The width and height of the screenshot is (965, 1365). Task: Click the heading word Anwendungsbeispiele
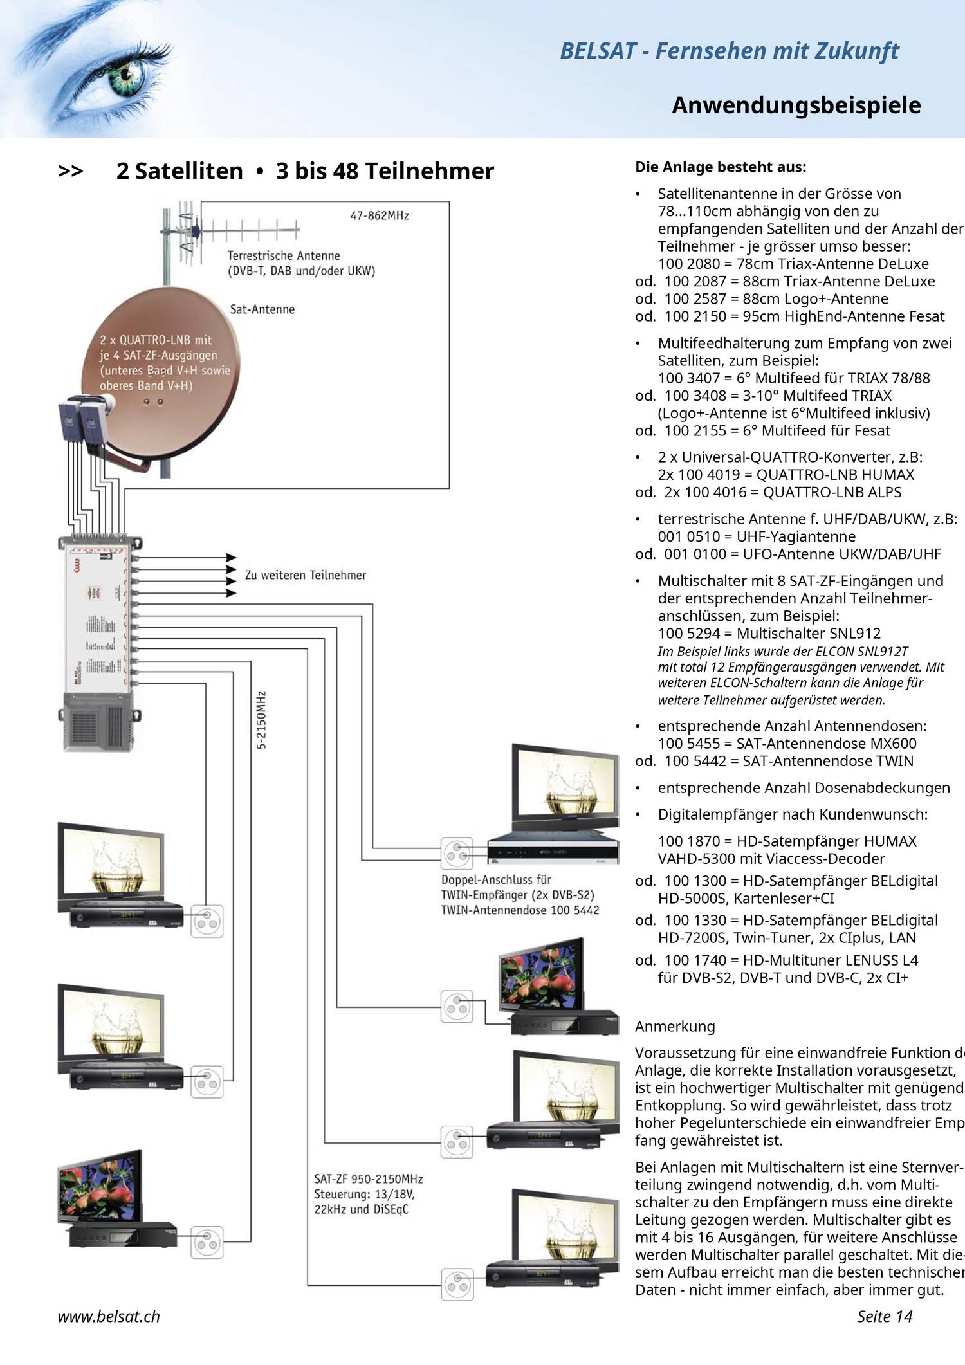click(796, 105)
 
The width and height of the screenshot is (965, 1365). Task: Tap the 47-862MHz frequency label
click(380, 215)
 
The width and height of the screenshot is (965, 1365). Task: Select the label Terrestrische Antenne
click(284, 255)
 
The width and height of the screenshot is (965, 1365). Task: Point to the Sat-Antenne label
click(262, 309)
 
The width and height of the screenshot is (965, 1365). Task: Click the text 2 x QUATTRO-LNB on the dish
click(156, 340)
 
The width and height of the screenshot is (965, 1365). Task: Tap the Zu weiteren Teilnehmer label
click(305, 575)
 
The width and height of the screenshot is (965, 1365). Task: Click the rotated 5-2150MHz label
click(261, 720)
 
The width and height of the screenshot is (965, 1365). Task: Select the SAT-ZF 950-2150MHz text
click(368, 1179)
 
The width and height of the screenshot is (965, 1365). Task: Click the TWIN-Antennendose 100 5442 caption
click(520, 910)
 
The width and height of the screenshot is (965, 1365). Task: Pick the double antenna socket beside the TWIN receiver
click(457, 853)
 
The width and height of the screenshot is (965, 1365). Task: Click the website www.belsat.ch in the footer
click(109, 1316)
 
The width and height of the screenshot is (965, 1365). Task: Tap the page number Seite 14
click(885, 1316)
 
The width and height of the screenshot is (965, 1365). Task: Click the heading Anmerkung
click(675, 1026)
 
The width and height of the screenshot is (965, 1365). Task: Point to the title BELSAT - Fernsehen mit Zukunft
click(729, 51)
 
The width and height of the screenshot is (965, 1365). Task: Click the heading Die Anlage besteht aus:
click(720, 167)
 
